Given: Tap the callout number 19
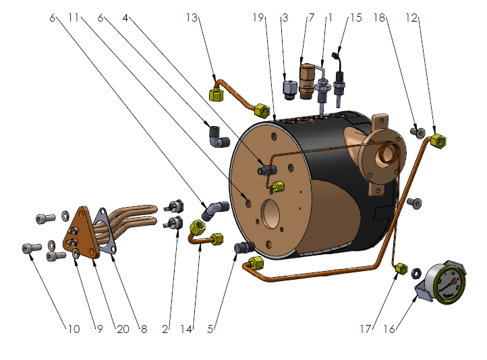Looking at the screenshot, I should coord(258,18).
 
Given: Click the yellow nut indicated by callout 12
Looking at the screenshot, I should coord(438,142).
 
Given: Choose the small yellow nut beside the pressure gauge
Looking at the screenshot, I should coord(400,268).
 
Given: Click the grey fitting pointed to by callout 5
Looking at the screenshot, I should coord(241,248).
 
